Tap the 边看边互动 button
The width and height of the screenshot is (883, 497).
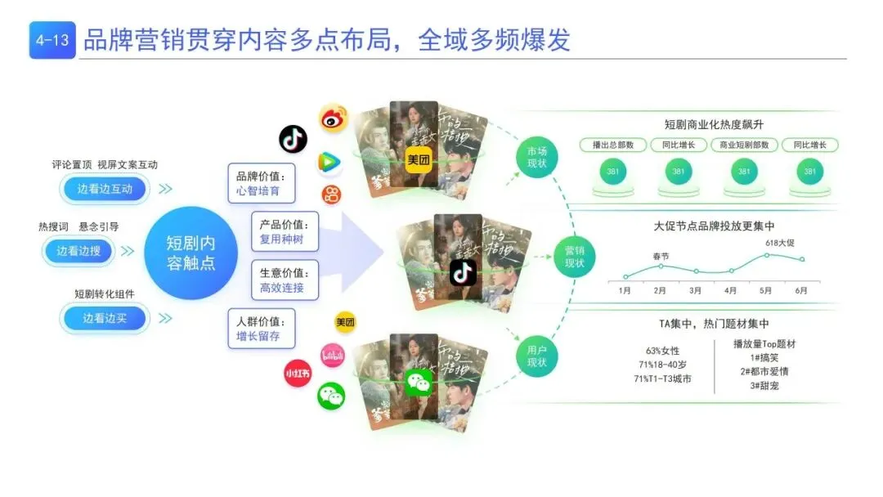pyautogui.click(x=105, y=189)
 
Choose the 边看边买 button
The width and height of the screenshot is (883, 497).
pyautogui.click(x=105, y=318)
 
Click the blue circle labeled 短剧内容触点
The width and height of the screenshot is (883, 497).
pyautogui.click(x=190, y=253)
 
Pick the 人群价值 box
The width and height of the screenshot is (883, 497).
pyautogui.click(x=261, y=328)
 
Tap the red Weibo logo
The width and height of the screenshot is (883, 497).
pyautogui.click(x=333, y=119)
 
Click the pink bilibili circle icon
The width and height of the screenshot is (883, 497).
pyautogui.click(x=332, y=355)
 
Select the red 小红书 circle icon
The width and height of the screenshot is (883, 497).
pyautogui.click(x=298, y=373)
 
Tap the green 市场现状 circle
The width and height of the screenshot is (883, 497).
pyautogui.click(x=536, y=158)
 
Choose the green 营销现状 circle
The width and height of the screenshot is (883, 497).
pyautogui.click(x=575, y=257)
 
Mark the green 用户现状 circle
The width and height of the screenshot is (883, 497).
pyautogui.click(x=536, y=356)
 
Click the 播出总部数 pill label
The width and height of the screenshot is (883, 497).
pyautogui.click(x=613, y=146)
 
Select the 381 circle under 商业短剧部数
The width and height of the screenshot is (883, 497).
pyautogui.click(x=744, y=172)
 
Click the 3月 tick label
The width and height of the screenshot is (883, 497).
pyautogui.click(x=696, y=290)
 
